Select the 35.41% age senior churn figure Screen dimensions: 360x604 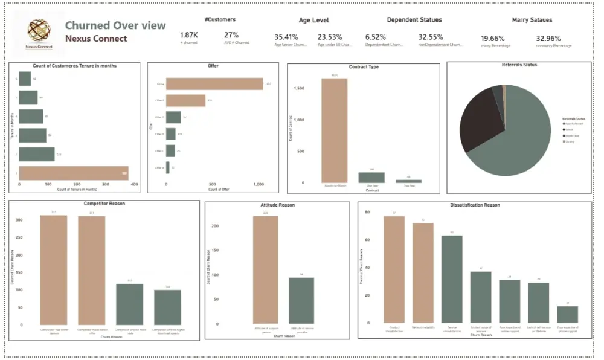coord(286,37)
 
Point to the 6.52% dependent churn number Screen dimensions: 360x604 coord(375,37)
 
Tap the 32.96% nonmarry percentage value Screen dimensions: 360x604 coord(548,37)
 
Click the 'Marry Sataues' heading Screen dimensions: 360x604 coord(528,20)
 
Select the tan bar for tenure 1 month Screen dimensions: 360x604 coord(74,173)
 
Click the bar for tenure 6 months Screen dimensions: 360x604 coord(25,79)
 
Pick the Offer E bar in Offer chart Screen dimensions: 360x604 coord(185,100)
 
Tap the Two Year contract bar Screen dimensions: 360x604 coord(409,181)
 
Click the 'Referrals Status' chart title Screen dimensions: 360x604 coord(519,65)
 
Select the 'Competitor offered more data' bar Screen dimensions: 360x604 coord(129,304)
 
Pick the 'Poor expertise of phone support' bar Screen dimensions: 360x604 coord(567,314)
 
